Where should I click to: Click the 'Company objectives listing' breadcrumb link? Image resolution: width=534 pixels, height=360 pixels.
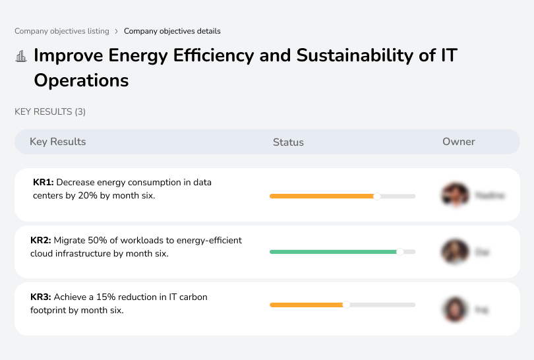click(x=62, y=31)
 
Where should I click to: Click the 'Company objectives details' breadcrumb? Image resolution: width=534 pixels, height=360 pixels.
click(x=172, y=31)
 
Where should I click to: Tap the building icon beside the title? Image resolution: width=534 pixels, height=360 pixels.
click(x=21, y=56)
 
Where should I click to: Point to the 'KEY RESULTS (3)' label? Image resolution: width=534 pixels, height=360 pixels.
click(x=50, y=112)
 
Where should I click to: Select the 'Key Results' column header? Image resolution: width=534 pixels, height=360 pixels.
click(x=57, y=142)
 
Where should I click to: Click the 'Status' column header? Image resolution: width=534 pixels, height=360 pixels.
click(x=288, y=142)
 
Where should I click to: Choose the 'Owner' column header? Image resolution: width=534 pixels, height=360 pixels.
click(x=458, y=142)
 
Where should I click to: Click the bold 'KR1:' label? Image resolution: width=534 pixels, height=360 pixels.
click(x=44, y=182)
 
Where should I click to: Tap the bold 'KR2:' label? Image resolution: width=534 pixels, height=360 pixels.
click(x=41, y=241)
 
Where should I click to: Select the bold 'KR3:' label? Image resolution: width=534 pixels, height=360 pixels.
click(x=41, y=297)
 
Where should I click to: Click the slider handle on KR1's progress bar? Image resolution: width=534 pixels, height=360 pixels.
click(x=377, y=196)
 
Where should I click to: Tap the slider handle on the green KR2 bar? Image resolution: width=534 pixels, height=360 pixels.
click(x=400, y=252)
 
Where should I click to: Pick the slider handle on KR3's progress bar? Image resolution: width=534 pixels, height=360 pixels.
click(x=346, y=305)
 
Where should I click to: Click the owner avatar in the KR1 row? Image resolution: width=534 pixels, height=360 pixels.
click(x=454, y=195)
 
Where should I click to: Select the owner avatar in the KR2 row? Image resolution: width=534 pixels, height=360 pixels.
click(x=454, y=252)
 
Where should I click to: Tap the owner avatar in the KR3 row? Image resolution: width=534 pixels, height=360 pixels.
click(x=454, y=309)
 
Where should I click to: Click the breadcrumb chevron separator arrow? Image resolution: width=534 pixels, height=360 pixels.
click(x=117, y=31)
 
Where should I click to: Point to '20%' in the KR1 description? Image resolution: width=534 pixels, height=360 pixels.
click(x=92, y=196)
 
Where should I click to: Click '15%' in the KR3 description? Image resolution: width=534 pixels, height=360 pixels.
click(x=109, y=297)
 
